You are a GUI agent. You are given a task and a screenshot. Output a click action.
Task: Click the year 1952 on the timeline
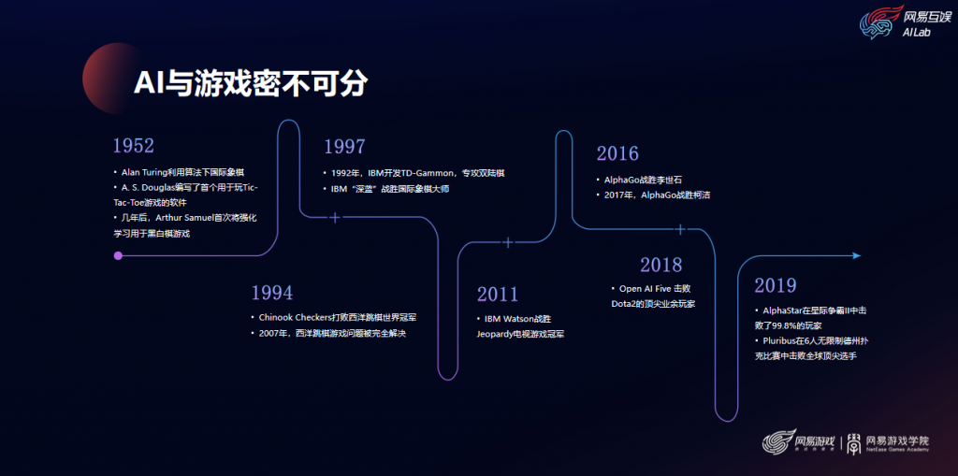click(133, 146)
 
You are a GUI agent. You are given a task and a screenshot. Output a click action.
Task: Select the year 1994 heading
click(272, 292)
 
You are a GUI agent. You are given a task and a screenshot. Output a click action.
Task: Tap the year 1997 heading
click(344, 147)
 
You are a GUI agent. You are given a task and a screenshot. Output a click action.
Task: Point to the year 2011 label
click(497, 295)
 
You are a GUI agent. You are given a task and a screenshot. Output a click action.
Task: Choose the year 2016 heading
click(617, 153)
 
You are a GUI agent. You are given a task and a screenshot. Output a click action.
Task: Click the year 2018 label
click(661, 266)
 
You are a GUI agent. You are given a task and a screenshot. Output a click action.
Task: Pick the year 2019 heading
click(776, 285)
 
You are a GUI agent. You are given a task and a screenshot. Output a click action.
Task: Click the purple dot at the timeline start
click(118, 254)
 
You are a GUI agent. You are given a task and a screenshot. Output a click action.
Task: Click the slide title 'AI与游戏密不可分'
click(250, 82)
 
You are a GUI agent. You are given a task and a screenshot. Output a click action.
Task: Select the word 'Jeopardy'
click(497, 334)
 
